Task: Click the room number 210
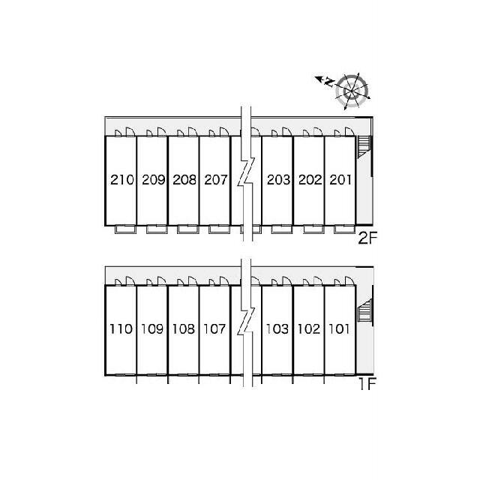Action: click(x=122, y=180)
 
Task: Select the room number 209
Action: click(x=154, y=180)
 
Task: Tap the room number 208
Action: click(x=184, y=180)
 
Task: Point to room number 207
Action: click(x=216, y=180)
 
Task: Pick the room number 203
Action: click(x=278, y=180)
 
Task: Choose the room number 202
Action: click(x=310, y=180)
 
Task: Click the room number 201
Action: click(x=340, y=180)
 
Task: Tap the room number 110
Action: click(x=121, y=329)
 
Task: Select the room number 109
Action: click(x=152, y=329)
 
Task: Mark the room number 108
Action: click(x=184, y=329)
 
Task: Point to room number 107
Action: click(x=215, y=329)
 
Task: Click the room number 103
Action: click(x=277, y=329)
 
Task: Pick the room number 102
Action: click(x=309, y=329)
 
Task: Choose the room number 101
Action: click(x=339, y=329)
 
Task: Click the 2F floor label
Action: click(x=367, y=238)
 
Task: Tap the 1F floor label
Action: click(x=367, y=384)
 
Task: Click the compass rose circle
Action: click(x=352, y=91)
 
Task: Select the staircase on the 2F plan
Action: click(x=364, y=147)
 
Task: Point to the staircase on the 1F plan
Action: click(x=364, y=311)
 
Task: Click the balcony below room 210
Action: click(x=125, y=229)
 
